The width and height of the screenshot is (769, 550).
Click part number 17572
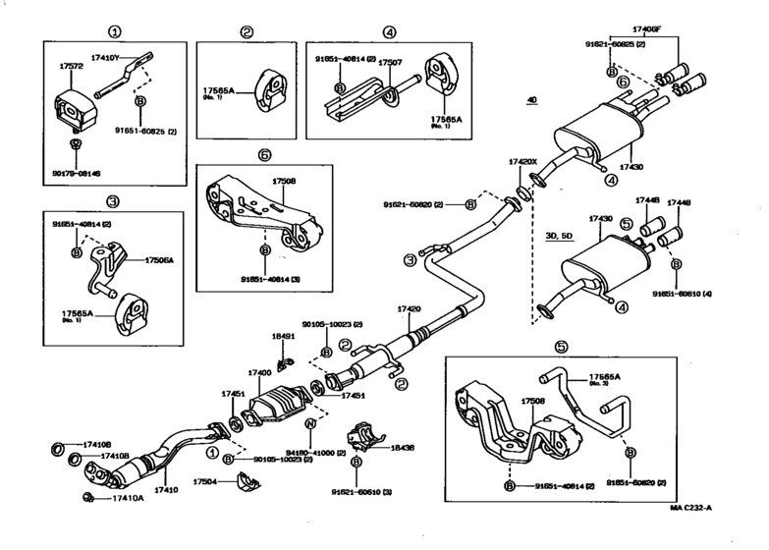[x=70, y=66]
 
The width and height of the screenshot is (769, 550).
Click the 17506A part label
[x=159, y=261]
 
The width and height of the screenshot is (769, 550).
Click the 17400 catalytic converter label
[x=260, y=373]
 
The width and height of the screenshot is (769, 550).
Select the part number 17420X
[x=523, y=161]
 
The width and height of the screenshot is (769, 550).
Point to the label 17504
[x=204, y=482]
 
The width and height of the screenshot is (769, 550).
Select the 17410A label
[x=127, y=499]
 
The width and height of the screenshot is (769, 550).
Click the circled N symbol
[x=309, y=424]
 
